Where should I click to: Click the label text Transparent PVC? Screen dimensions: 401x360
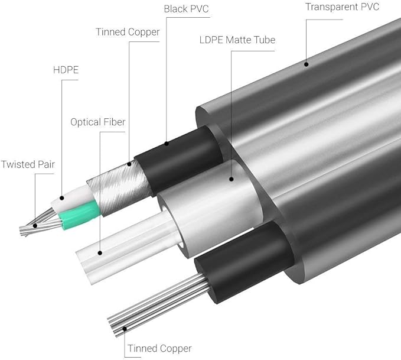[342, 7]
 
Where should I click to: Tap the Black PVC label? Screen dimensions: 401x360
[186, 9]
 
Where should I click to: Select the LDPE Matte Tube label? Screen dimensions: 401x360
[237, 40]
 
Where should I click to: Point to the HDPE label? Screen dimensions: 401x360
[66, 70]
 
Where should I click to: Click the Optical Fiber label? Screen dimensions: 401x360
[98, 122]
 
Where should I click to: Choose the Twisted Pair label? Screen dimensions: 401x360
[28, 164]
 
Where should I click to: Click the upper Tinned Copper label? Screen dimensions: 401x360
[128, 33]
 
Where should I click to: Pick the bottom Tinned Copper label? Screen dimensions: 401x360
[159, 349]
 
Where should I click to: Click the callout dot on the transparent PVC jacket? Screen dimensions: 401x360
[306, 64]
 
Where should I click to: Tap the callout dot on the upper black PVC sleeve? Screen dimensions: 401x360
[167, 144]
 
